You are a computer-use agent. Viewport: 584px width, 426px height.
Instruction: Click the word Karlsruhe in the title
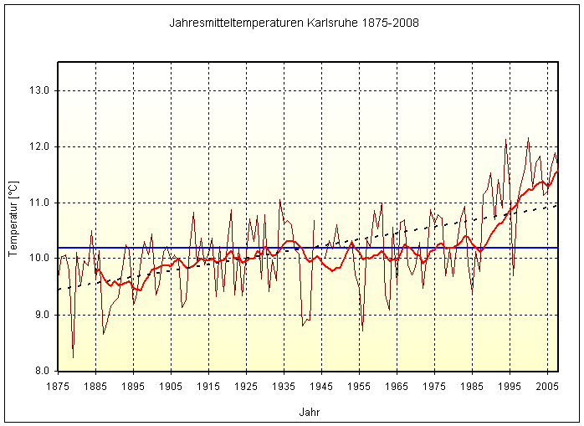[x=337, y=22]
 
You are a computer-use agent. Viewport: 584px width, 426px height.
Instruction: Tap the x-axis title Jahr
[x=309, y=412]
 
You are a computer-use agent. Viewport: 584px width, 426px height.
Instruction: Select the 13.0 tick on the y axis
[x=40, y=90]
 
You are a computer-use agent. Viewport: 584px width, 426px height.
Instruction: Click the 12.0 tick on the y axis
[x=40, y=146]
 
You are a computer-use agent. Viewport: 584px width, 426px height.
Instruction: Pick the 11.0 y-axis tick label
[x=40, y=203]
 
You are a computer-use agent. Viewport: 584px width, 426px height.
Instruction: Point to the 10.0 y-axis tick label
[x=40, y=259]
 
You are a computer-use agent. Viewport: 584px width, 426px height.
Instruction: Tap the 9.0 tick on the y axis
[x=40, y=315]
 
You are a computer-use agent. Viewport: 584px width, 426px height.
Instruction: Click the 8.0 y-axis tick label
[x=40, y=371]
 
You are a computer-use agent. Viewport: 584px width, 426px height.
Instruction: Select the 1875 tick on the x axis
[x=58, y=386]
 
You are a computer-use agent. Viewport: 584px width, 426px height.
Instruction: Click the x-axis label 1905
[x=171, y=386]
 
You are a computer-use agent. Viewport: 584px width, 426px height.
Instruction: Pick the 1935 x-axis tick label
[x=284, y=386]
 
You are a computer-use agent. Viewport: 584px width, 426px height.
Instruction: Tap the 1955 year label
[x=359, y=386]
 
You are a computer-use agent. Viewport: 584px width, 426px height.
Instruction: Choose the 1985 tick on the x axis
[x=472, y=386]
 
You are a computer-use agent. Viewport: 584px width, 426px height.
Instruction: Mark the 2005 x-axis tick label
[x=547, y=386]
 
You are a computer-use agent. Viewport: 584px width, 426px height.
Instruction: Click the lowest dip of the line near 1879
[x=73, y=357]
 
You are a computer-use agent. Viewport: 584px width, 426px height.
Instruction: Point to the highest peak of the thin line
[x=528, y=138]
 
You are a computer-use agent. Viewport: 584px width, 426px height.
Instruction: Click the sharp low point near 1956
[x=362, y=329]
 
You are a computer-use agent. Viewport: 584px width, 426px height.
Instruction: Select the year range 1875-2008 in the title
[x=386, y=22]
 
